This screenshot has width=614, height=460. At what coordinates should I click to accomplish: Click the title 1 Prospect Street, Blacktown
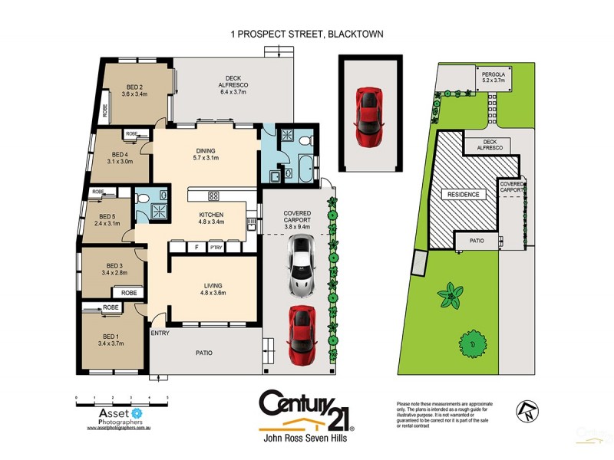click(307, 34)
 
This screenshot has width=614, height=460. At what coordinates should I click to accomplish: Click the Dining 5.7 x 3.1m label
click(205, 154)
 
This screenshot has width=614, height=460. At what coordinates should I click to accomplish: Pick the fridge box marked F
click(196, 247)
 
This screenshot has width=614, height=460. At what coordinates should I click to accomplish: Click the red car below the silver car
click(302, 335)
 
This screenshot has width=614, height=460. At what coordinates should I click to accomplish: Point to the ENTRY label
click(160, 333)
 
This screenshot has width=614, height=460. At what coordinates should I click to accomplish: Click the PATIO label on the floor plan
click(202, 353)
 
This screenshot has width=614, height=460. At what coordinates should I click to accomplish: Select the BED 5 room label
click(107, 219)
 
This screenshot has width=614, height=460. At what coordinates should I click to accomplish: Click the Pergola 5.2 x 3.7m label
click(493, 75)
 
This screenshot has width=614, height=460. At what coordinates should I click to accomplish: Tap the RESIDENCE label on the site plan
click(464, 195)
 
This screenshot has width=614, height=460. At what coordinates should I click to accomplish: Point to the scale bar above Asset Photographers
click(122, 398)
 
